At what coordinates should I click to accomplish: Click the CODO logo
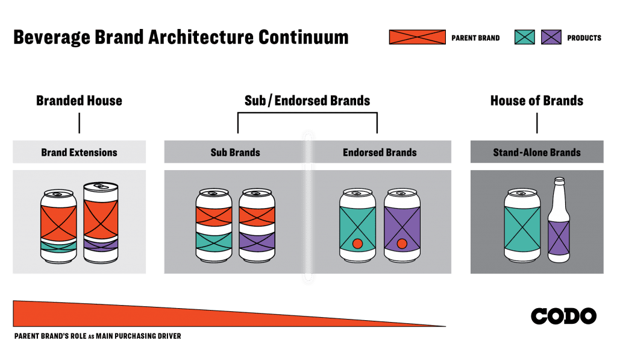[x=563, y=316]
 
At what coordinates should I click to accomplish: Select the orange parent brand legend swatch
[x=417, y=37]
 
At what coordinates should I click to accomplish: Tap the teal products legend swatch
[x=525, y=37]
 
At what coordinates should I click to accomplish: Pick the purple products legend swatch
[x=551, y=37]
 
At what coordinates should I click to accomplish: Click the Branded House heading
[x=79, y=101]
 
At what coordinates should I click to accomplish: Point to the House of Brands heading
[x=537, y=101]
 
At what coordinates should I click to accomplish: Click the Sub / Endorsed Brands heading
[x=307, y=101]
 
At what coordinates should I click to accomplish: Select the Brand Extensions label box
[x=79, y=152]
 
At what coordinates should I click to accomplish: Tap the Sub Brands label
[x=236, y=153]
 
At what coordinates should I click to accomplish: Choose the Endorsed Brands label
[x=380, y=153]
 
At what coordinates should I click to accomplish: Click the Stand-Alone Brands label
[x=537, y=153]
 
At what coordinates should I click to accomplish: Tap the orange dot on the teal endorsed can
[x=357, y=244]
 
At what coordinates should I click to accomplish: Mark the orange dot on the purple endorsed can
[x=402, y=244]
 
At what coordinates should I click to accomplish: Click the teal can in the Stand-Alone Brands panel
[x=522, y=226]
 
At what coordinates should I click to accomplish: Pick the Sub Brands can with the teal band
[x=214, y=226]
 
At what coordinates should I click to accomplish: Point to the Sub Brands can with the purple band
[x=257, y=226]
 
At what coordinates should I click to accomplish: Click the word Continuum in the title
[x=304, y=37]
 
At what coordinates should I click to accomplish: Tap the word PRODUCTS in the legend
[x=584, y=38]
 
